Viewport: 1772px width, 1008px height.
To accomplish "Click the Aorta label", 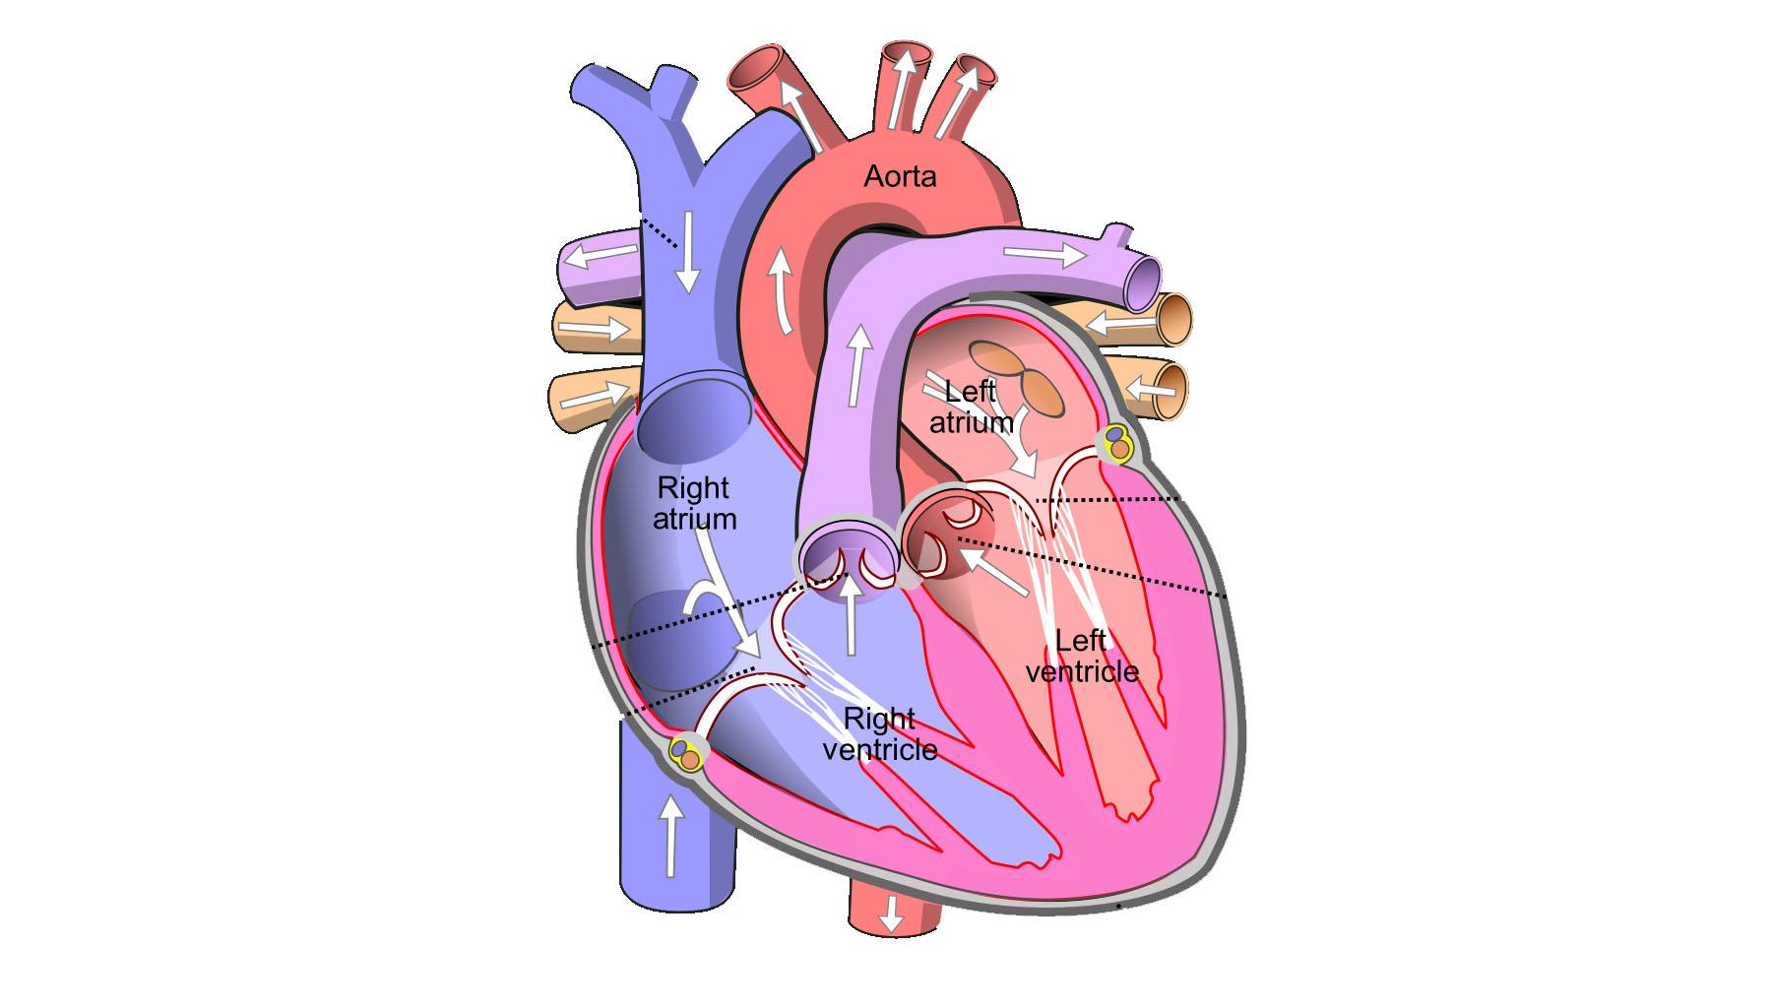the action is point(900,176).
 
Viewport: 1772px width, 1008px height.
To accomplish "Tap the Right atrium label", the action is point(694,503).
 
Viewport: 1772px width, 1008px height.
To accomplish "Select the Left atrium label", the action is point(972,407).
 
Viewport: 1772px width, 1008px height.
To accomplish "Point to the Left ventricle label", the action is point(1082,656).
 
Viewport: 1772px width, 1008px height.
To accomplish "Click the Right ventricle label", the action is point(879,734).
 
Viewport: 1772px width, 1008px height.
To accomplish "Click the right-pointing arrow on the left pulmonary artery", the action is point(1044,254).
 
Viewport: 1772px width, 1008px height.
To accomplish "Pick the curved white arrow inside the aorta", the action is point(782,289).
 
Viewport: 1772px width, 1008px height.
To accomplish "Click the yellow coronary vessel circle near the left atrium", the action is point(1117,442).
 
